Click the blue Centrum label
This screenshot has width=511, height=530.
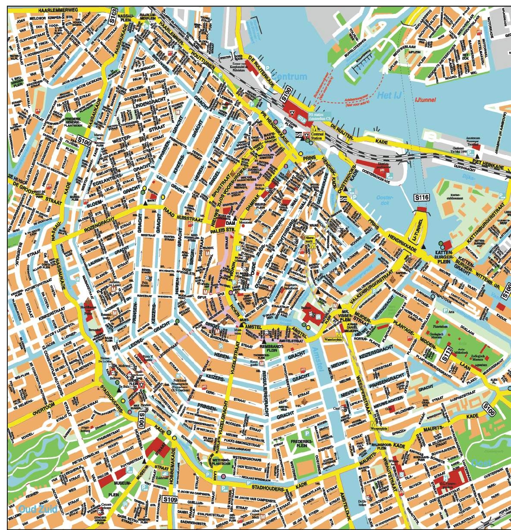[x=292, y=77]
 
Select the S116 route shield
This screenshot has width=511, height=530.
[x=422, y=197]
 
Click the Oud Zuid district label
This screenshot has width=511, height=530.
[x=38, y=509]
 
